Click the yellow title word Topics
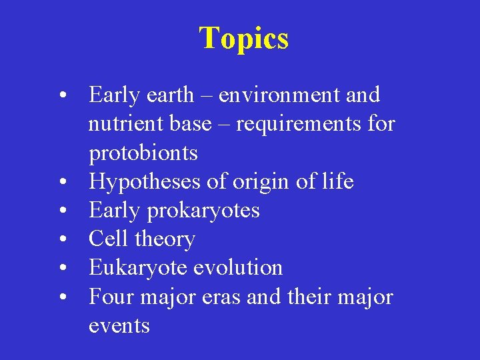pos(243,38)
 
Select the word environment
pos(280,95)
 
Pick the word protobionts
pos(143,153)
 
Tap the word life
pos(337,181)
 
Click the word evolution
pos(237,268)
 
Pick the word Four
pos(111,297)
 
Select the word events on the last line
pos(119,325)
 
